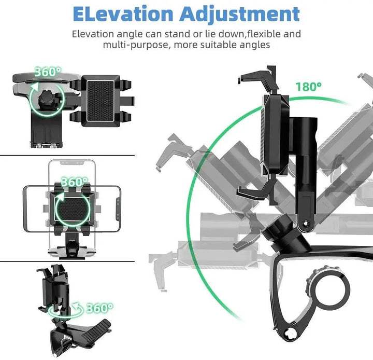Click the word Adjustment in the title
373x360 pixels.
[x=239, y=15]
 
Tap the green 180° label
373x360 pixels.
[x=309, y=87]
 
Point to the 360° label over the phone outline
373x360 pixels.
[x=75, y=182]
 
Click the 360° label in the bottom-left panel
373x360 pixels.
[x=99, y=308]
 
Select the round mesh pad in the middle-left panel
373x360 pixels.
[x=71, y=209]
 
